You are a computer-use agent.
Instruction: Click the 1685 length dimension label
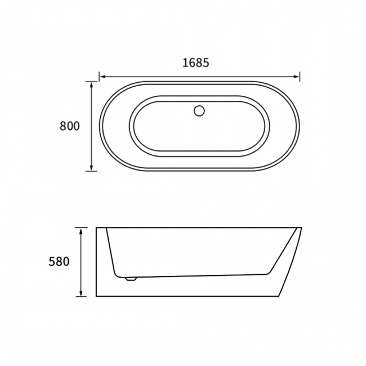pos(196,63)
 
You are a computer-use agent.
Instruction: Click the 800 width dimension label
pos(69,126)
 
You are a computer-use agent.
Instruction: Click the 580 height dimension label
pos(59,262)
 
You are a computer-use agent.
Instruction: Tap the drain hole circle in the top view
pos(199,111)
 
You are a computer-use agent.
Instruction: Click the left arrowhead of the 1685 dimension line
pos(102,76)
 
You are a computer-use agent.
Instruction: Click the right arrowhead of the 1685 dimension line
pos(297,76)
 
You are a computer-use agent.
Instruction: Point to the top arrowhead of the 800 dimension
pos(91,84)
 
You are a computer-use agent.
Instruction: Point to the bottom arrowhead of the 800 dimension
pos(91,168)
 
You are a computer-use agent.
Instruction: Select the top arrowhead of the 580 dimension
pos(82,230)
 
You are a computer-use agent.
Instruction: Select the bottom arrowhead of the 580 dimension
pos(82,293)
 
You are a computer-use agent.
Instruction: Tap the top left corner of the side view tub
pos(96,228)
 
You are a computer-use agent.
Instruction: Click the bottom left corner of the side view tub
pos(96,296)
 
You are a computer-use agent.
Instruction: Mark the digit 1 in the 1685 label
pos(185,63)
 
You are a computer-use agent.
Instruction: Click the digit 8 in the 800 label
pos(63,126)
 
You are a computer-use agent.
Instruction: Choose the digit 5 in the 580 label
pos(52,262)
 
